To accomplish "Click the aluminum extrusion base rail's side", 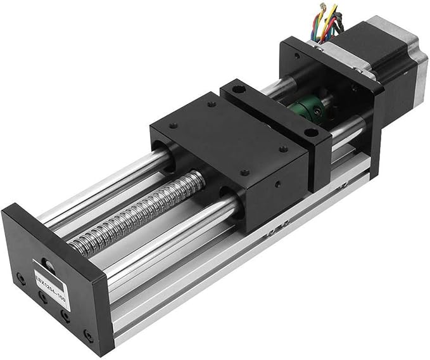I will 253,254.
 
